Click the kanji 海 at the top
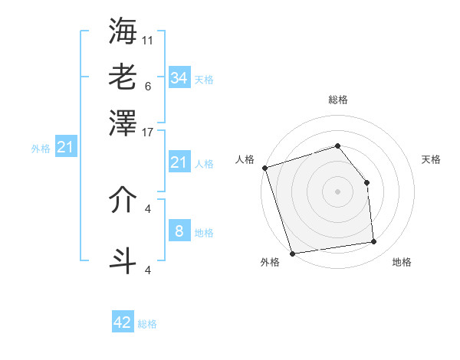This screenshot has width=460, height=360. [x=123, y=30]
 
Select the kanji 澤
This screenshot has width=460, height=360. [x=123, y=122]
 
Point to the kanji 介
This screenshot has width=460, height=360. [x=123, y=201]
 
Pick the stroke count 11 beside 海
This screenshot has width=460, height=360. [x=148, y=40]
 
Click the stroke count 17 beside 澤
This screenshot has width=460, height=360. [x=148, y=131]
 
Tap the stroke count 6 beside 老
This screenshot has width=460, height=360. [x=148, y=86]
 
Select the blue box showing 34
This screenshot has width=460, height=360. [x=179, y=78]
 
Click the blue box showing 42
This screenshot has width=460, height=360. [x=123, y=322]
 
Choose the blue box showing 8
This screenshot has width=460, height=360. [x=179, y=231]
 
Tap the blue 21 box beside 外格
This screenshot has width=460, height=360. [x=64, y=148]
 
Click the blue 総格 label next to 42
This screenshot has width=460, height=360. [x=147, y=324]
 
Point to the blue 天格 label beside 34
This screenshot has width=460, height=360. [x=204, y=80]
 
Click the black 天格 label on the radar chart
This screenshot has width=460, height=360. [x=431, y=159]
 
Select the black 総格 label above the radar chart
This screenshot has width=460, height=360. [x=338, y=100]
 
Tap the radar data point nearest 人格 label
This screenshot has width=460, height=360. [x=264, y=168]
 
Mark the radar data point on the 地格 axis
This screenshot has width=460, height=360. [x=374, y=242]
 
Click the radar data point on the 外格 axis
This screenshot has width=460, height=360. [x=292, y=254]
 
